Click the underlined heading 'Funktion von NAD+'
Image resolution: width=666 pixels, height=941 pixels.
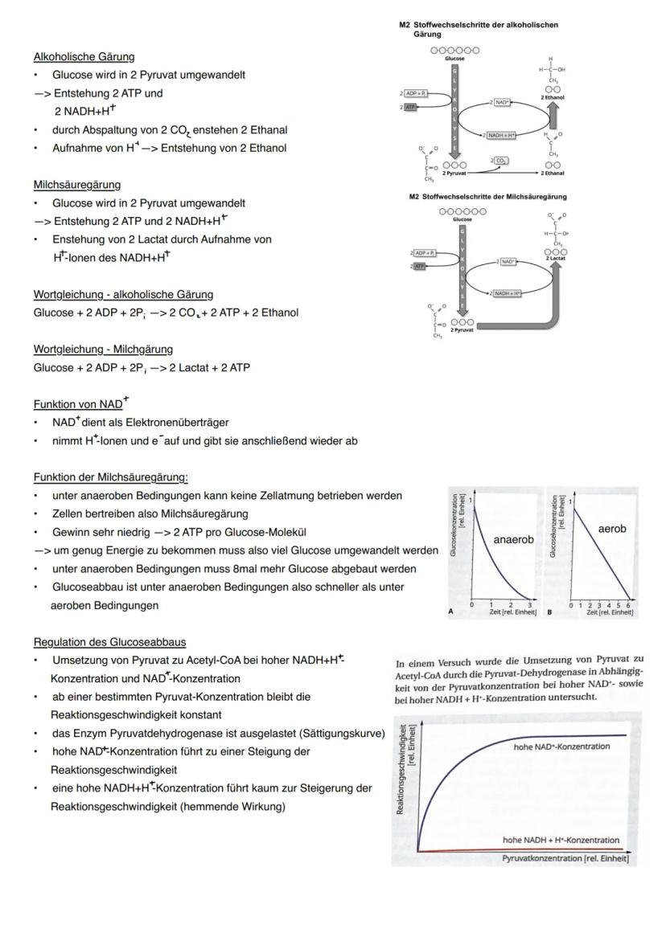click(79, 404)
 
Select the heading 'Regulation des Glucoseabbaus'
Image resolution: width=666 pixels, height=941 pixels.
click(109, 641)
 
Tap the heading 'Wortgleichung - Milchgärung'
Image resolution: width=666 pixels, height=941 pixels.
click(103, 349)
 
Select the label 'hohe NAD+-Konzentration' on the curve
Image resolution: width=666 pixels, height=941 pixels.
click(561, 747)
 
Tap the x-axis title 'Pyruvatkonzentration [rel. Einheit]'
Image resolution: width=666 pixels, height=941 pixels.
click(569, 858)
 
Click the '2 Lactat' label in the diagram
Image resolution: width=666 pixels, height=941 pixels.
click(556, 258)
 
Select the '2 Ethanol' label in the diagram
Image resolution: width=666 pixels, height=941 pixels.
click(553, 97)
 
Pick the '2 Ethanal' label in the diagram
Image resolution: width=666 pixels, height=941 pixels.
click(553, 172)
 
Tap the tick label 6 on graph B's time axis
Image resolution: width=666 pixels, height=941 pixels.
click(627, 603)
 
